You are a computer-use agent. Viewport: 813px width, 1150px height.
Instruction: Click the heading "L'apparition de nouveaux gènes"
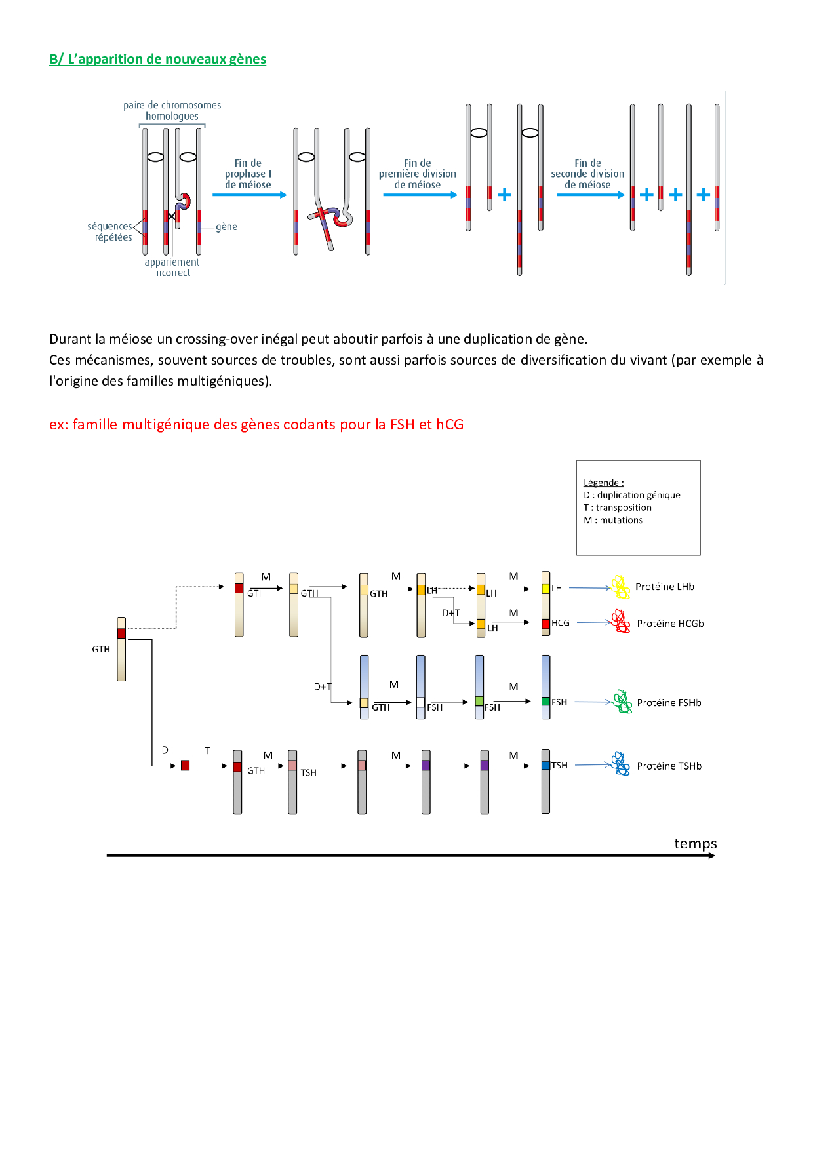coord(157,59)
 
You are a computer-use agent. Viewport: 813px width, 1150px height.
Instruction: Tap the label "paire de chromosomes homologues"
coord(172,110)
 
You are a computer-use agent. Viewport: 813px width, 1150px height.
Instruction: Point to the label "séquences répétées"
coord(110,231)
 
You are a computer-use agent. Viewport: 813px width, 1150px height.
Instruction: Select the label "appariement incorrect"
coord(172,268)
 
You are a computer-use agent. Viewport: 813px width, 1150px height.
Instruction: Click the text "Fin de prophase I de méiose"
coord(248,174)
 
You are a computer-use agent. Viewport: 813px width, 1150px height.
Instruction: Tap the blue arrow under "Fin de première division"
coord(420,195)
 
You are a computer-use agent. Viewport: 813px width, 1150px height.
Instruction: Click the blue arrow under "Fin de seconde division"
coord(590,195)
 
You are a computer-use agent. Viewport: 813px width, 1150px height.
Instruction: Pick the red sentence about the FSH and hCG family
coord(256,425)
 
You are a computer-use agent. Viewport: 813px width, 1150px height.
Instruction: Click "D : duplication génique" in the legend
coord(632,495)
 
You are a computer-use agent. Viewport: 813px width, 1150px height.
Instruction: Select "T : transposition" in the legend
coord(618,507)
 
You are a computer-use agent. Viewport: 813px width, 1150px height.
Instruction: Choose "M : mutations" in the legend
coord(613,520)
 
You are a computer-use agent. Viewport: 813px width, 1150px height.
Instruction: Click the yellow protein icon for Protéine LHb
coord(620,587)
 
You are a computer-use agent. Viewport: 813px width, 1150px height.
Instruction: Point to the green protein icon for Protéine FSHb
coord(622,702)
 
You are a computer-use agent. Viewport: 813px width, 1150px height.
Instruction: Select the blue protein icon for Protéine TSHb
coord(620,764)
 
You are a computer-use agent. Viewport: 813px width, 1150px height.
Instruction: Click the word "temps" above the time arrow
coord(695,843)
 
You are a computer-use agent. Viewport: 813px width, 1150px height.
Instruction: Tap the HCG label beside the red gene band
coord(561,623)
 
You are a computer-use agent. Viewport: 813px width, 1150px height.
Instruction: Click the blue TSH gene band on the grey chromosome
coord(545,765)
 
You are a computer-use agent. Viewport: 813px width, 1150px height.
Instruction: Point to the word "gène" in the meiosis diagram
coord(226,227)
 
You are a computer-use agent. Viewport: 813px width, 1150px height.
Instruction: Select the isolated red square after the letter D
coord(186,765)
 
